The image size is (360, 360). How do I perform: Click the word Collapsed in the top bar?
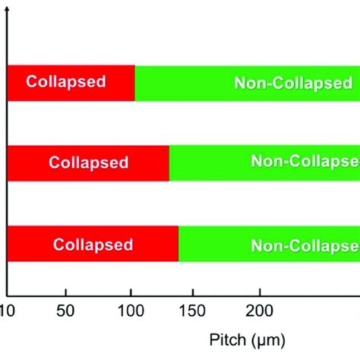click(66, 81)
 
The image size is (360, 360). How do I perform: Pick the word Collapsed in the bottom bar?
click(93, 245)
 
